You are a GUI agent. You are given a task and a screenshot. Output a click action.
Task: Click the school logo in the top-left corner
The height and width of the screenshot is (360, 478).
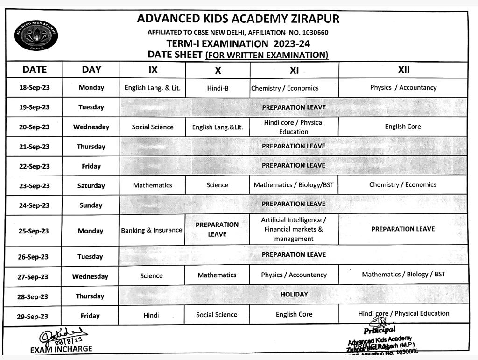pyautogui.click(x=36, y=35)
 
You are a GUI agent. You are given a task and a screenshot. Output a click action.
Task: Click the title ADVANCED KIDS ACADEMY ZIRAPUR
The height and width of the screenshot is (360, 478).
pyautogui.click(x=238, y=19)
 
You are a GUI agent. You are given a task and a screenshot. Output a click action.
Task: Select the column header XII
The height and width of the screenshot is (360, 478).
pyautogui.click(x=403, y=70)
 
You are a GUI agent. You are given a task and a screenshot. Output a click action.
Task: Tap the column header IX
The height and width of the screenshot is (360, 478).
pyautogui.click(x=153, y=70)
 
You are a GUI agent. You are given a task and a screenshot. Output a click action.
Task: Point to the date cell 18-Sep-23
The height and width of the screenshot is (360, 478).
pyautogui.click(x=35, y=88)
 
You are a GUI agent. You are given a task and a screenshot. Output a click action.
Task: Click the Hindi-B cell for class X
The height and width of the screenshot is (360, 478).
pyautogui.click(x=218, y=88)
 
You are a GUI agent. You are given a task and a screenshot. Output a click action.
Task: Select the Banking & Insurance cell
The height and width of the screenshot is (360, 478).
pyautogui.click(x=152, y=230)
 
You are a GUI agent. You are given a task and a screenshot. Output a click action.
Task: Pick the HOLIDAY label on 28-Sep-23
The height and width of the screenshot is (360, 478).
pyautogui.click(x=294, y=294)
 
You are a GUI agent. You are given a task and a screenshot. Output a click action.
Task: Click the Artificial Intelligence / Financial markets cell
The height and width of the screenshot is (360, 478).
pyautogui.click(x=294, y=229)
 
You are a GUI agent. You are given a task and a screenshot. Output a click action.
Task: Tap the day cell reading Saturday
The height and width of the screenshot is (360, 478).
pyautogui.click(x=91, y=185)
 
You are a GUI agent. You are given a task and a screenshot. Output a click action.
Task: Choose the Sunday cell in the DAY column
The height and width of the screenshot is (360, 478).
pyautogui.click(x=91, y=205)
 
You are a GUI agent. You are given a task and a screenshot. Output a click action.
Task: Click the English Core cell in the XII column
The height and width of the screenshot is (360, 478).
pyautogui.click(x=403, y=127)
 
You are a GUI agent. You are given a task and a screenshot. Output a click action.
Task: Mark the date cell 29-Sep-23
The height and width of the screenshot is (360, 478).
pyautogui.click(x=33, y=316)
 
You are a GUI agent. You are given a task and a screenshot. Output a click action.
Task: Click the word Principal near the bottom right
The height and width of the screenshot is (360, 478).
pyautogui.click(x=379, y=330)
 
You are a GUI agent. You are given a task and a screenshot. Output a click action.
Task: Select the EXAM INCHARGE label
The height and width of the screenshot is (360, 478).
pyautogui.click(x=61, y=349)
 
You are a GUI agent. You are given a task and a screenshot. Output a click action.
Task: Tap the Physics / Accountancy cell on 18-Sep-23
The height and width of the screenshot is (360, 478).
pyautogui.click(x=403, y=87)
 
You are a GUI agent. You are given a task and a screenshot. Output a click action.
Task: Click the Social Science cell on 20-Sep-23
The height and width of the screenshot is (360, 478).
pyautogui.click(x=153, y=127)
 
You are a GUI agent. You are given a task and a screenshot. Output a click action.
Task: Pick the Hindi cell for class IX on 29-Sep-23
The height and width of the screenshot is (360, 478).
pyautogui.click(x=151, y=315)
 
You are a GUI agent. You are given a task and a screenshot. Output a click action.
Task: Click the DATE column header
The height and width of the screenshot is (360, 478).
pyautogui.click(x=35, y=70)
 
